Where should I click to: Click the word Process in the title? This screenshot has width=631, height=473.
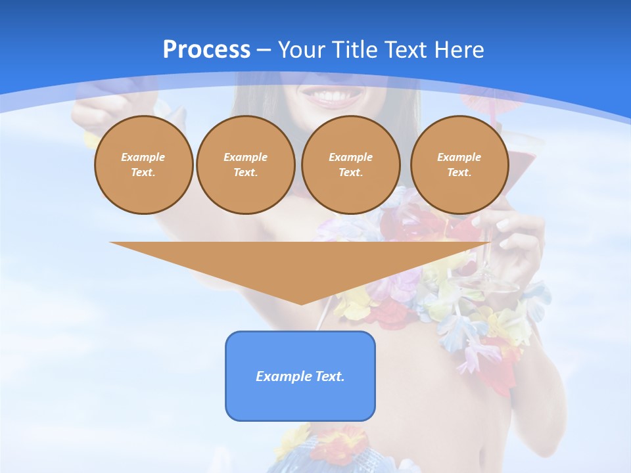(x=206, y=50)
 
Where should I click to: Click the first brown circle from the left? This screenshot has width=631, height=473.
(x=143, y=165)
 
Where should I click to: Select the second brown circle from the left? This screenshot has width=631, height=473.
(x=245, y=165)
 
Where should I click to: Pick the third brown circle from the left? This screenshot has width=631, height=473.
(x=350, y=165)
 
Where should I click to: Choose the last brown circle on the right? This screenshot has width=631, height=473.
(x=459, y=165)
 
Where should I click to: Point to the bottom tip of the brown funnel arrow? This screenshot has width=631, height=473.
(x=301, y=304)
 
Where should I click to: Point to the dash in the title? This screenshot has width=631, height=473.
(x=264, y=50)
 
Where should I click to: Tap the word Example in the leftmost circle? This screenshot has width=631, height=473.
(x=143, y=157)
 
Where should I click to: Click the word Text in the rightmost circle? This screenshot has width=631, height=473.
(x=459, y=173)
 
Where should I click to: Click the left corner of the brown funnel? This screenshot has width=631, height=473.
(x=112, y=243)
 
